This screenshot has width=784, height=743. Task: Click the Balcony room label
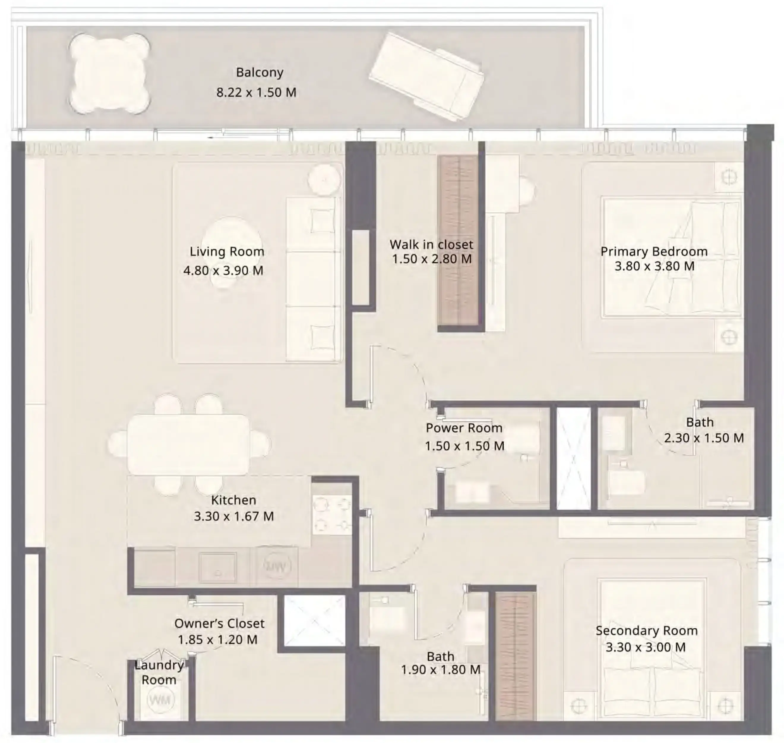click(x=259, y=73)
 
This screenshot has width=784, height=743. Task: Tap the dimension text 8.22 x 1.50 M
click(x=256, y=92)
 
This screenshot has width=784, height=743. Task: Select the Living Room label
click(x=227, y=251)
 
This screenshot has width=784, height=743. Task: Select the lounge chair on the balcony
click(x=426, y=77)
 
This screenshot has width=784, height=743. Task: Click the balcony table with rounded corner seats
click(x=109, y=74)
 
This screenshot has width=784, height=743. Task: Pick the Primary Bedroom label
click(x=654, y=251)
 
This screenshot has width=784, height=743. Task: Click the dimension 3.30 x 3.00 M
click(x=646, y=647)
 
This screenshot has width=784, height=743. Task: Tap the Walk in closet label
click(x=431, y=244)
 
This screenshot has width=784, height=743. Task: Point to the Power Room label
click(x=464, y=428)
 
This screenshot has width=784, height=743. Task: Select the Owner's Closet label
click(x=219, y=624)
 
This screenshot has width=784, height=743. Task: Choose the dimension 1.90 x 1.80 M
click(x=440, y=670)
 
